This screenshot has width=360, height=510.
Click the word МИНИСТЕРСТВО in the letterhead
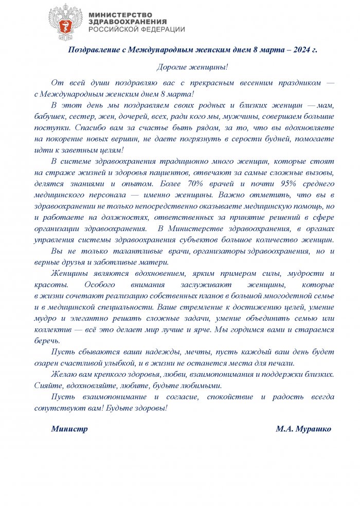click(120, 14)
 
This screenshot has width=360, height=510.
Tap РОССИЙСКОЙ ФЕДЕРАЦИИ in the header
click(136, 30)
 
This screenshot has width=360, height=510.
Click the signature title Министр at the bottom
click(69, 429)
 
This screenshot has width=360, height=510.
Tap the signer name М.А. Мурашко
click(303, 429)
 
